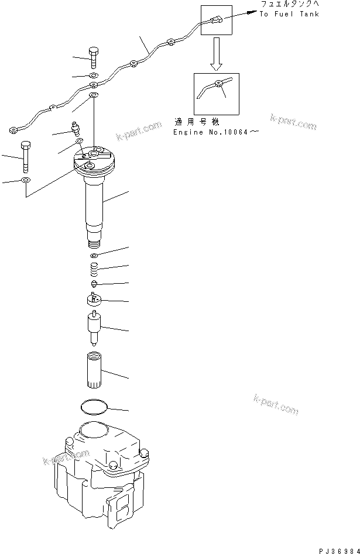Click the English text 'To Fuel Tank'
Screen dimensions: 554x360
click(289, 14)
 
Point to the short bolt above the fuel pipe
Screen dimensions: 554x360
click(94, 57)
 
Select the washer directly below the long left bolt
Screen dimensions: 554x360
click(26, 180)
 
